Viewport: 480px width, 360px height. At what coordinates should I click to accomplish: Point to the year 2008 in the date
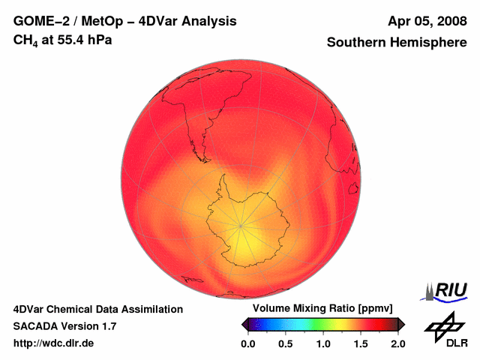point(449,22)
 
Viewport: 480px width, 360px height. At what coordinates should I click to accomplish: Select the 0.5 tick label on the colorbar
point(285,343)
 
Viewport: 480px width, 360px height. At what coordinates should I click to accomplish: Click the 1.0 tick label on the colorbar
point(322,343)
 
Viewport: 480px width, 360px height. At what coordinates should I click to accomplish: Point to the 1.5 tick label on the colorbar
point(361,343)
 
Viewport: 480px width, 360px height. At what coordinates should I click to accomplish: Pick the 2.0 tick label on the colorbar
point(397,343)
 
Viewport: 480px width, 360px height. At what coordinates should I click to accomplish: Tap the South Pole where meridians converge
point(241,225)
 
